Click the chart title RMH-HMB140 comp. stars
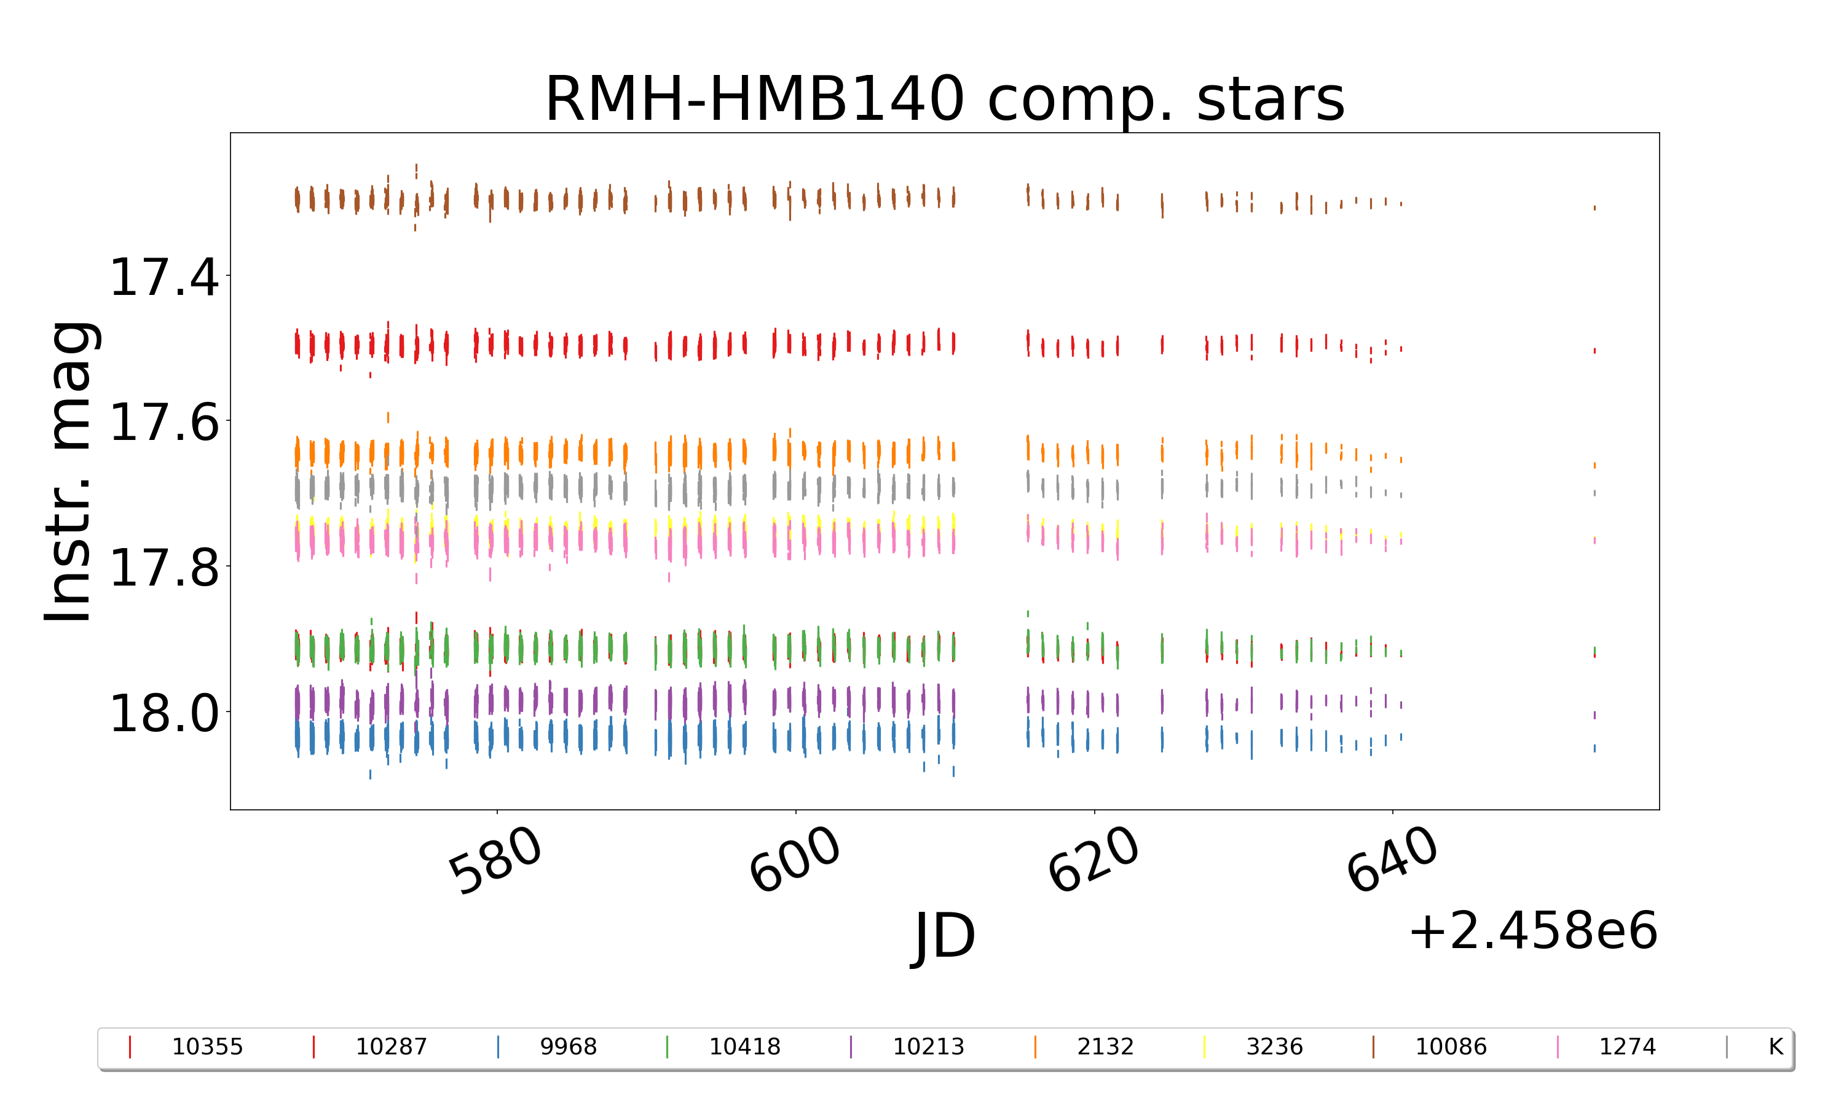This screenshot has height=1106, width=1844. [944, 99]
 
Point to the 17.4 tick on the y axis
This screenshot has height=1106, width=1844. [164, 277]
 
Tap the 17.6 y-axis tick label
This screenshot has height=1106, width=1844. [164, 423]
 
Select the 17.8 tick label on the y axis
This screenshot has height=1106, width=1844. [164, 568]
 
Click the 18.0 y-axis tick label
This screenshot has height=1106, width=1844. [164, 713]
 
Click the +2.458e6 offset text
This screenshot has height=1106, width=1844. [1532, 931]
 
